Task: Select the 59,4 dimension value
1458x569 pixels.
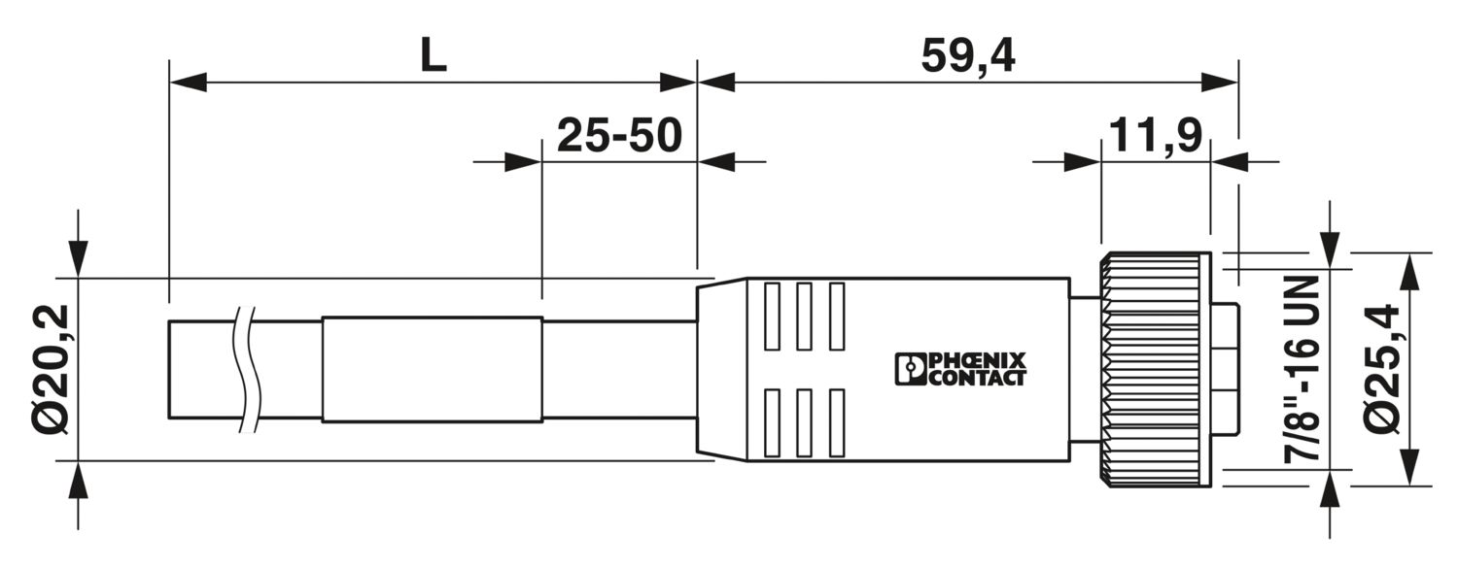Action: pos(968,55)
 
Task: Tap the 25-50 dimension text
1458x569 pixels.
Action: pos(619,135)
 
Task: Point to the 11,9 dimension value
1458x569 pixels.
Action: pos(1156,135)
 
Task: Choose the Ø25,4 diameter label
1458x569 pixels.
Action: pos(1380,369)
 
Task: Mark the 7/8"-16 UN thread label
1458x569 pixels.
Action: pos(1301,370)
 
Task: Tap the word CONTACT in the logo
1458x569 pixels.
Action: pos(976,378)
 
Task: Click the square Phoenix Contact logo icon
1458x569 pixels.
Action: pos(910,369)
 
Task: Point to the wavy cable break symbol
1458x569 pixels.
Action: pos(249,369)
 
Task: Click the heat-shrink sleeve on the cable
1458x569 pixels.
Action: pos(433,369)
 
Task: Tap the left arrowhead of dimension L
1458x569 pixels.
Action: pos(188,83)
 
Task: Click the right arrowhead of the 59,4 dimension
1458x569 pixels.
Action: pos(1219,83)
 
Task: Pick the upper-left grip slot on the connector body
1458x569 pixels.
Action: pos(772,316)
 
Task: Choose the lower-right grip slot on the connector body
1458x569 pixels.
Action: pos(837,422)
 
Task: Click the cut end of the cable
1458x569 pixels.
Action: pos(168,369)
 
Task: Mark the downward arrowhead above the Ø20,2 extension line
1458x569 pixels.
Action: pos(78,259)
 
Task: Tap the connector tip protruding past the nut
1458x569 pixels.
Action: pos(1225,369)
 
